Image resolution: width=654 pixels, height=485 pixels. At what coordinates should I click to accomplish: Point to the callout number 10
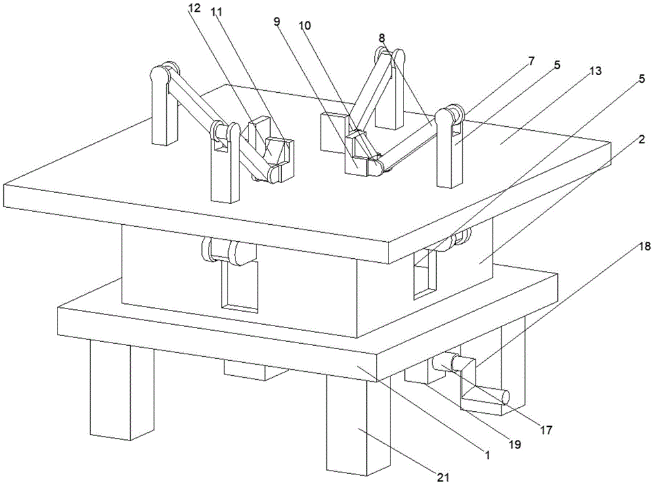tap(305, 26)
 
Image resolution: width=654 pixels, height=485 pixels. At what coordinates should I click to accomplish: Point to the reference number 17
tap(545, 429)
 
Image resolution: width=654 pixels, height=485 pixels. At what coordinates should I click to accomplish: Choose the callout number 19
tap(515, 444)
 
